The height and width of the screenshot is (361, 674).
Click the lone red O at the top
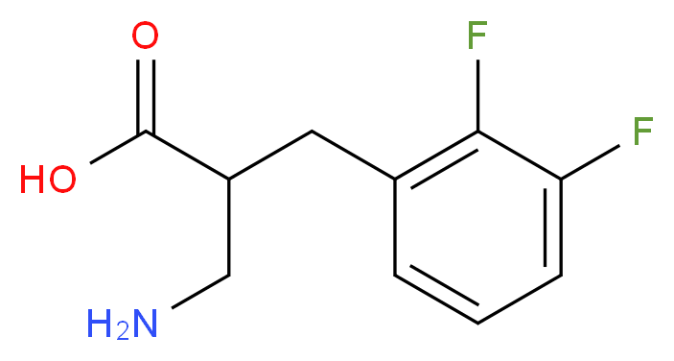[145, 38]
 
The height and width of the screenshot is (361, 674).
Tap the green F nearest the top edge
[476, 37]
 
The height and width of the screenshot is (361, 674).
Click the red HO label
[48, 180]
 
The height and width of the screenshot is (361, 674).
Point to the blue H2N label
[121, 325]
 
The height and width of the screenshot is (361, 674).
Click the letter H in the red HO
[33, 180]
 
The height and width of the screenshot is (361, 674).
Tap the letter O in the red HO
[62, 180]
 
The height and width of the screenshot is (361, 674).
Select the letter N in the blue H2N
[143, 323]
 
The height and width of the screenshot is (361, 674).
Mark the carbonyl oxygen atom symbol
[145, 38]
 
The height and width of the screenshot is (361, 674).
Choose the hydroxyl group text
[48, 180]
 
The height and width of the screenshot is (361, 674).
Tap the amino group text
[121, 325]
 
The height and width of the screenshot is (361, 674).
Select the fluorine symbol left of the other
[476, 37]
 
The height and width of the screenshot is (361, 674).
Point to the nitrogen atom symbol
[143, 323]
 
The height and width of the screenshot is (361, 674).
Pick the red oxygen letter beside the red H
[62, 180]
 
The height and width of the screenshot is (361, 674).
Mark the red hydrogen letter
[33, 180]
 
